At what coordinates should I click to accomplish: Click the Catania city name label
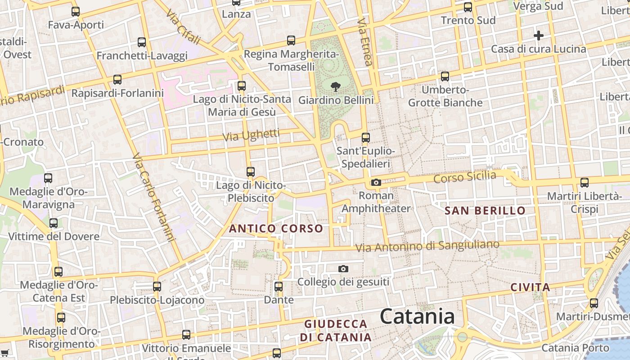pyautogui.click(x=417, y=316)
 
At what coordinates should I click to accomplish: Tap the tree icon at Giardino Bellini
pyautogui.click(x=335, y=87)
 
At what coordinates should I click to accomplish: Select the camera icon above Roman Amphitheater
pyautogui.click(x=376, y=182)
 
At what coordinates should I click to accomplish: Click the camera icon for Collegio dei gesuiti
pyautogui.click(x=343, y=269)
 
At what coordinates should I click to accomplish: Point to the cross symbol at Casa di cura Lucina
pyautogui.click(x=538, y=35)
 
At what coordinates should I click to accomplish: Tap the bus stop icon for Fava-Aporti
pyautogui.click(x=76, y=12)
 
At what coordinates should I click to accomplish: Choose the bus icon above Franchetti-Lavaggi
pyautogui.click(x=142, y=42)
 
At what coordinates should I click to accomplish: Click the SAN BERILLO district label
pyautogui.click(x=485, y=211)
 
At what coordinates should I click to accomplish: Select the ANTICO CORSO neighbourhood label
pyautogui.click(x=276, y=229)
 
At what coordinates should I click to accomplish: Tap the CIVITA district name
pyautogui.click(x=531, y=287)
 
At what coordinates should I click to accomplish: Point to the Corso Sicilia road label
pyautogui.click(x=464, y=177)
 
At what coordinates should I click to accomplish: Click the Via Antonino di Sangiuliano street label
pyautogui.click(x=427, y=246)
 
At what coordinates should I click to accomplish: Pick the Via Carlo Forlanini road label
pyautogui.click(x=153, y=198)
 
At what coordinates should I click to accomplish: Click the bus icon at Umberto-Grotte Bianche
pyautogui.click(x=445, y=76)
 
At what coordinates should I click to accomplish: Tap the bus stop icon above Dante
pyautogui.click(x=279, y=286)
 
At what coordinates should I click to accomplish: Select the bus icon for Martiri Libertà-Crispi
pyautogui.click(x=584, y=182)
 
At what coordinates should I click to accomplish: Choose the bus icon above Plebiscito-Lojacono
pyautogui.click(x=157, y=286)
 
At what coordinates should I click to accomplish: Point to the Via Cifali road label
pyautogui.click(x=183, y=27)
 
